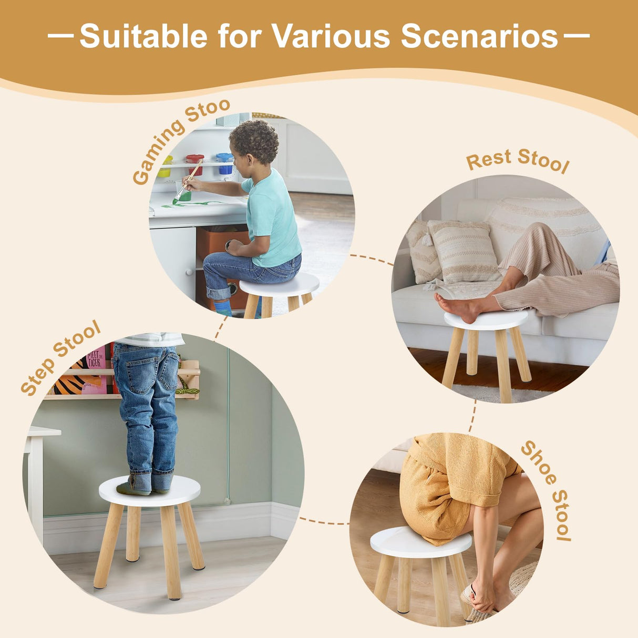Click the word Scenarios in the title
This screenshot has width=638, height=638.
click(479, 36)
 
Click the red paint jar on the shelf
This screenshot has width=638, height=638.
click(195, 163)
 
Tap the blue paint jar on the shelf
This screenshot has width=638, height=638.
click(225, 162)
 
